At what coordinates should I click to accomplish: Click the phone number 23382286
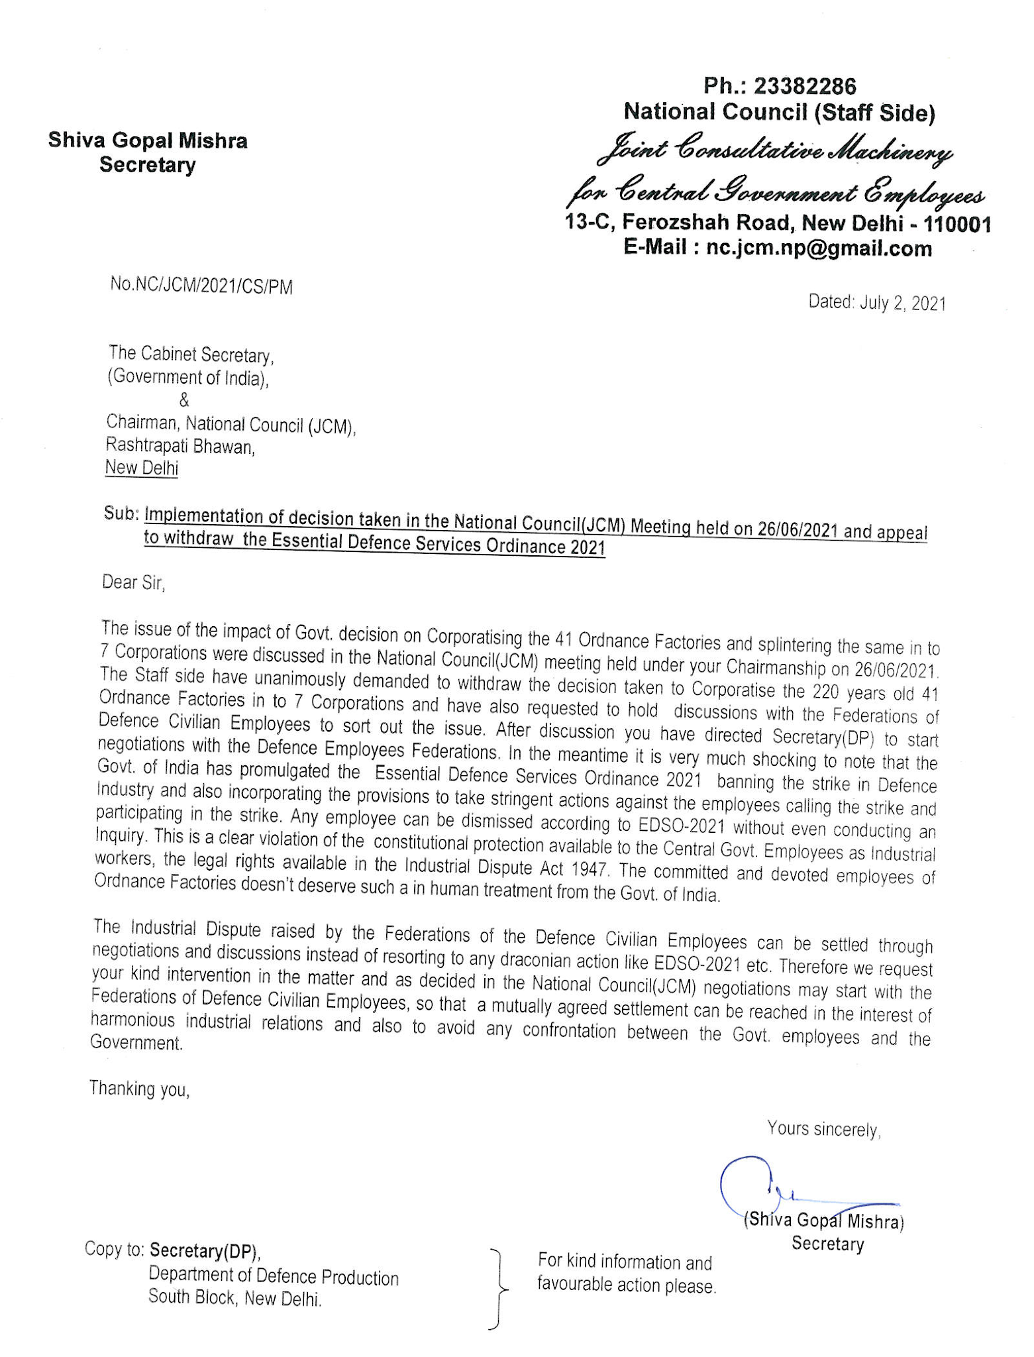point(804,86)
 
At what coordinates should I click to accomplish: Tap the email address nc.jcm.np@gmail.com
point(819,248)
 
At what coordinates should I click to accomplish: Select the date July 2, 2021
point(902,303)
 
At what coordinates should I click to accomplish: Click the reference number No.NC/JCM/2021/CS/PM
point(201,286)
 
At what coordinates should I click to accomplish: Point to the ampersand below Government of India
point(184,400)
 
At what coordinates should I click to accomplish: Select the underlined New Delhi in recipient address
point(142,468)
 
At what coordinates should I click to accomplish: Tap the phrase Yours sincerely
point(823,1128)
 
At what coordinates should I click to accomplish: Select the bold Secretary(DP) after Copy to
point(205,1250)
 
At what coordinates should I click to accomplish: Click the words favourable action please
point(626,1285)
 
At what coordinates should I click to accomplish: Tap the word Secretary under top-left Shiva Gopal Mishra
point(147,165)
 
